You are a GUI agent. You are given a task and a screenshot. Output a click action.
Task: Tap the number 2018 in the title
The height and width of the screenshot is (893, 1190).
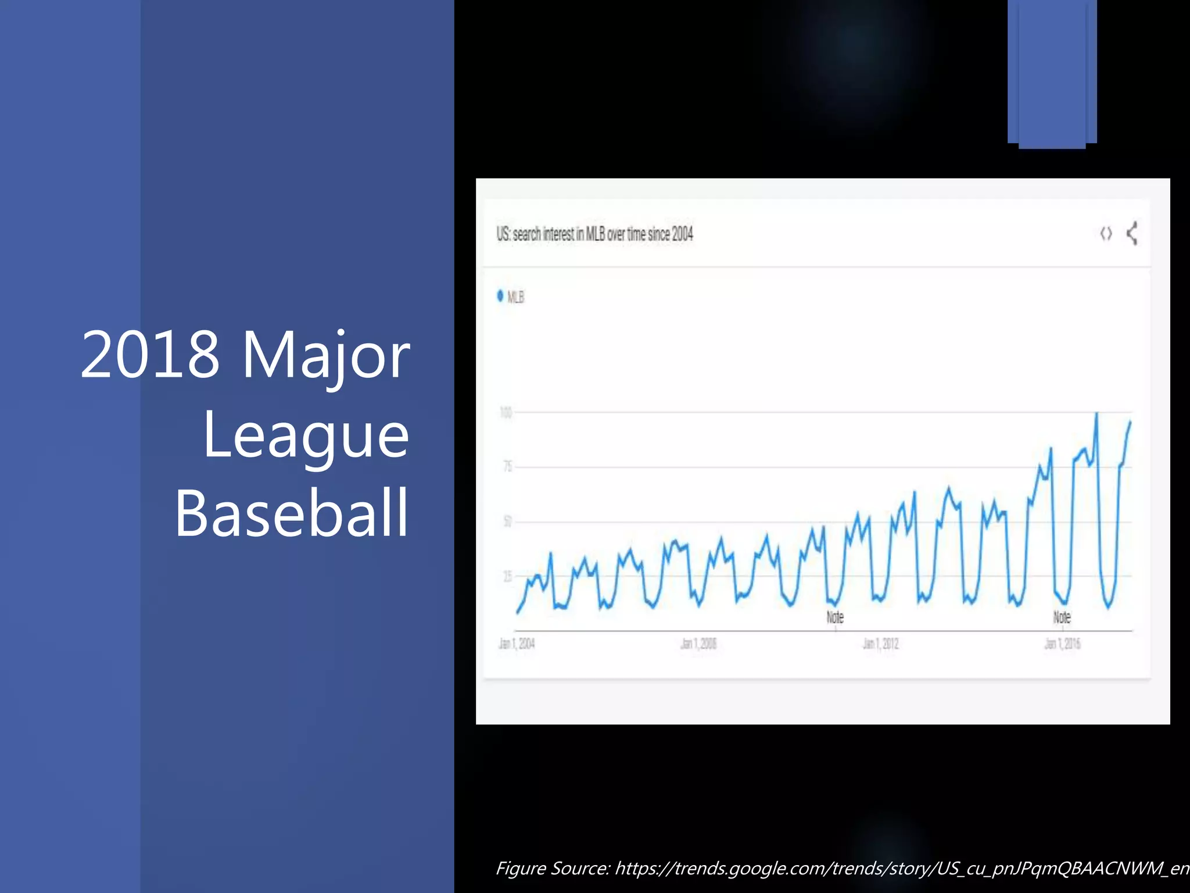click(x=150, y=355)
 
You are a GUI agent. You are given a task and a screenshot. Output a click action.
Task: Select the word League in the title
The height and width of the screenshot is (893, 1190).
click(x=306, y=435)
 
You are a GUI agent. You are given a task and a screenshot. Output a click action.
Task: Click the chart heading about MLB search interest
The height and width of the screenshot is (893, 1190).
click(x=594, y=234)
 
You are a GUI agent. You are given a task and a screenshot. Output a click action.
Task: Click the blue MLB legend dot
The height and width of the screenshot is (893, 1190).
click(x=500, y=296)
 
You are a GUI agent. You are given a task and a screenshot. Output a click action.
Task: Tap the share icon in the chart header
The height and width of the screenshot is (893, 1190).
click(x=1132, y=234)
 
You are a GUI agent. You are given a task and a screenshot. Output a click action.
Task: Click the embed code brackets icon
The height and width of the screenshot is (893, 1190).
click(x=1106, y=234)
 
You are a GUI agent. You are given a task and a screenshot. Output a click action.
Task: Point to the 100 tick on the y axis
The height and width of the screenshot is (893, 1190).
click(x=506, y=413)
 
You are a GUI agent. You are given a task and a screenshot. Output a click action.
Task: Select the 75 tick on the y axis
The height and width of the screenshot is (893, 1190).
click(x=507, y=466)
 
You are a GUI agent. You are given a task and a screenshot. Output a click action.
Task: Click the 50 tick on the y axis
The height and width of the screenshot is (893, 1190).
click(x=507, y=521)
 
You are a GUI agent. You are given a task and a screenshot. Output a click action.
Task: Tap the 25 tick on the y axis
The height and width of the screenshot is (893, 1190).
click(x=507, y=576)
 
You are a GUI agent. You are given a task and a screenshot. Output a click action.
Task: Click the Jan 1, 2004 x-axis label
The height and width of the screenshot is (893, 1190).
click(x=517, y=644)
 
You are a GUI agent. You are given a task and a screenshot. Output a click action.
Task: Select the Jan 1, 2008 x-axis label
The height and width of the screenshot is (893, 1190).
click(x=698, y=644)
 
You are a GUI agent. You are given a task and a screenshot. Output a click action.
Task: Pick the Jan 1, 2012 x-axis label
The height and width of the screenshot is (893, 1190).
click(x=880, y=644)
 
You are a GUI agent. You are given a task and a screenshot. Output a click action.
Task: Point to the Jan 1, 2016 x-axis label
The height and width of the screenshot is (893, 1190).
click(x=1062, y=644)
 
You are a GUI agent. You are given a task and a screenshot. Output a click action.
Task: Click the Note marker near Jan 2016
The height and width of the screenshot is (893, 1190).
click(x=1062, y=617)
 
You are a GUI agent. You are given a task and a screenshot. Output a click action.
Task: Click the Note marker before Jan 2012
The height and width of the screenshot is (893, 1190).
click(x=835, y=617)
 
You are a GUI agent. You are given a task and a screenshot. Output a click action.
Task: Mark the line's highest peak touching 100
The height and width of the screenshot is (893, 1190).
click(x=1096, y=415)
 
